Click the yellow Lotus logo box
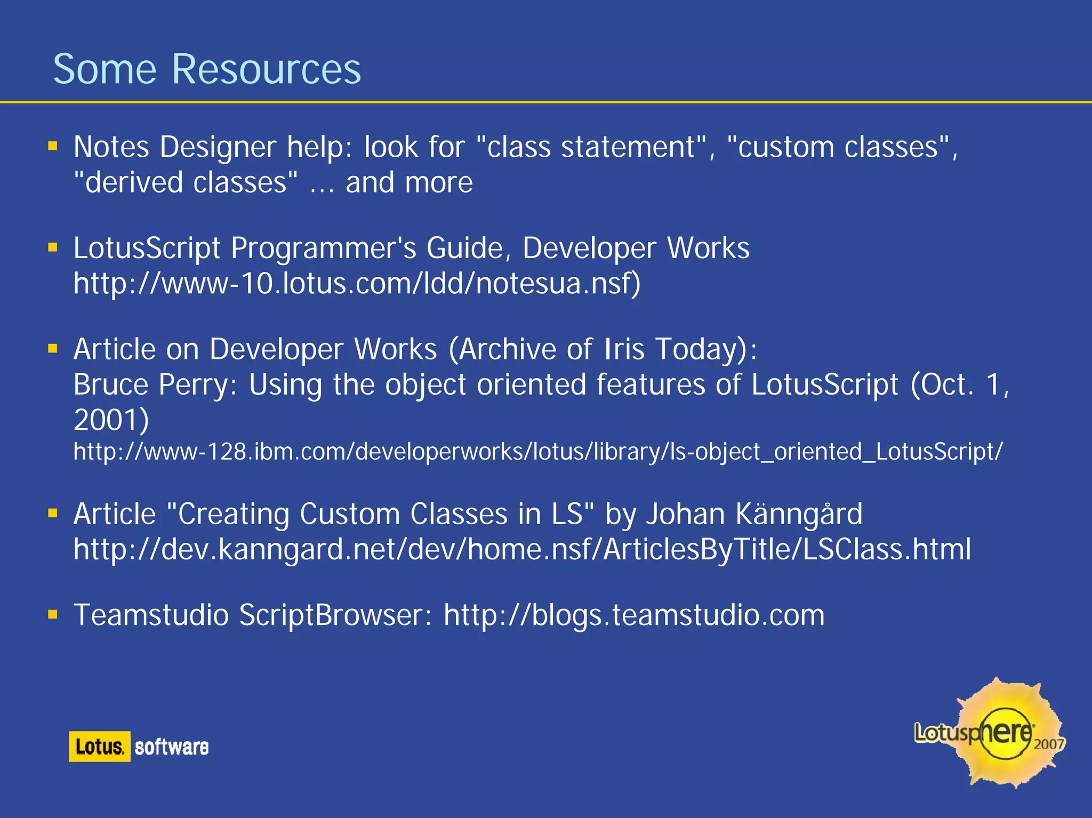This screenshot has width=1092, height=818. [x=100, y=747]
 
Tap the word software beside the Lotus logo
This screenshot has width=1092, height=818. [x=171, y=747]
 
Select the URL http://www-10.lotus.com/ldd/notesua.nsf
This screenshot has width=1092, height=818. [x=356, y=284]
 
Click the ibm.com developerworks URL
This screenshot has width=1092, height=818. [x=537, y=452]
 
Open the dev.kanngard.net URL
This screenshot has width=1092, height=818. [x=521, y=549]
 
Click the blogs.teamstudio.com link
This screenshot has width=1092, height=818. [x=633, y=615]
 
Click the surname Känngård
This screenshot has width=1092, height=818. [x=798, y=514]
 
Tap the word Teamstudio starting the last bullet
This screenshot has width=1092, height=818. [x=151, y=615]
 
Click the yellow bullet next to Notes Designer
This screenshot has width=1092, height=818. [x=52, y=146]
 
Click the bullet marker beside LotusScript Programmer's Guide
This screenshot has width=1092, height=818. [x=52, y=247]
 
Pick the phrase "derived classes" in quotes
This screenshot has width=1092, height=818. [x=186, y=182]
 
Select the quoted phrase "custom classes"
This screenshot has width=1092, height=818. [x=838, y=147]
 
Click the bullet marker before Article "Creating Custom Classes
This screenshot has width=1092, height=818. [x=52, y=513]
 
